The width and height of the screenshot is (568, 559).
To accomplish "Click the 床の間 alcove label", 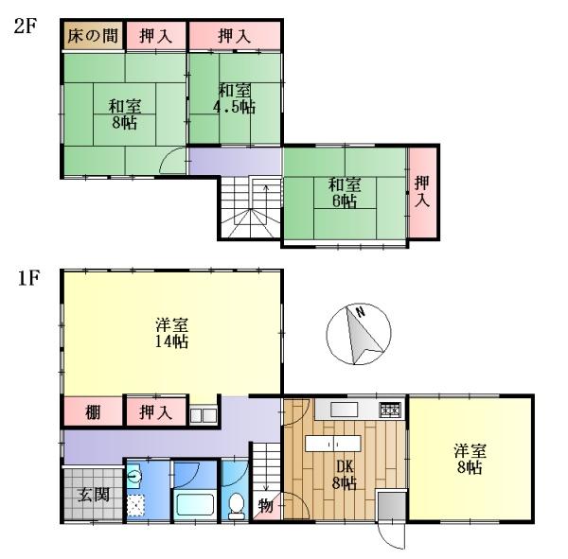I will [x=93, y=36].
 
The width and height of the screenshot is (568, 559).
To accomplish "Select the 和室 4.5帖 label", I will [x=235, y=98].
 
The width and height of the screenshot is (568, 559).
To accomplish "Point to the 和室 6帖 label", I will [x=344, y=192].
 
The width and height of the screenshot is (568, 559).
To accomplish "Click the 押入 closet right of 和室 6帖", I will [x=423, y=192].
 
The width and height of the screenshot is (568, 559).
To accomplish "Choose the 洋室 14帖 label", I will [x=172, y=333].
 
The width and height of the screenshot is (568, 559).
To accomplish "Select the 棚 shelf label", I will [x=93, y=412].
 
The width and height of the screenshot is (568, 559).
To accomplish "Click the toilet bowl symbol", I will [x=236, y=506].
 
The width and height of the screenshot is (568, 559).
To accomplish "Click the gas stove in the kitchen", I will [x=390, y=410].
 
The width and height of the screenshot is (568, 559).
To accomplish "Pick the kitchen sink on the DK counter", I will [x=343, y=410].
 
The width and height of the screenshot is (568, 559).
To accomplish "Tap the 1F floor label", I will [x=26, y=280].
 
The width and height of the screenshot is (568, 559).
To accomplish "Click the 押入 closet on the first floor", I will [x=155, y=412].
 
